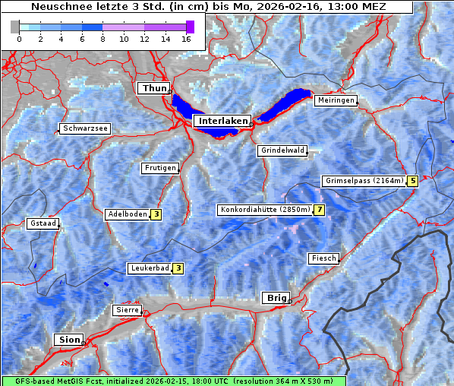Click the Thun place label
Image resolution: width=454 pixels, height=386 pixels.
[x=153, y=89]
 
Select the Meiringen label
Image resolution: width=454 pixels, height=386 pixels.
[x=336, y=100]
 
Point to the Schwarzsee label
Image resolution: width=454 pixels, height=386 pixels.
[x=86, y=128]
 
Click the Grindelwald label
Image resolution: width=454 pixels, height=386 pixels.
[x=283, y=150]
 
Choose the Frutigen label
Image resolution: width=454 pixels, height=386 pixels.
[x=160, y=168]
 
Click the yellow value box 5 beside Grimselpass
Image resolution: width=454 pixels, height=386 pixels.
[x=412, y=181]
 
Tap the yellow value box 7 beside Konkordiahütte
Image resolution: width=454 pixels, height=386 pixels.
[x=320, y=210]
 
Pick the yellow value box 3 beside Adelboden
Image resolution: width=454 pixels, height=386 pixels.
[x=156, y=214]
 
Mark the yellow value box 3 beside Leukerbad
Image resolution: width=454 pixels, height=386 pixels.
[x=178, y=267]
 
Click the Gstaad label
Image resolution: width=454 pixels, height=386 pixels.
[x=43, y=223]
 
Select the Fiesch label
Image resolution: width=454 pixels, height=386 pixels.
[x=323, y=258]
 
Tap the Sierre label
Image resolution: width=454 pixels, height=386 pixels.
[x=127, y=310]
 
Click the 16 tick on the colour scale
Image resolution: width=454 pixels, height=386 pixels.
[x=186, y=38]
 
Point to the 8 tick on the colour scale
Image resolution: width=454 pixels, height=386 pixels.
[x=102, y=38]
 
